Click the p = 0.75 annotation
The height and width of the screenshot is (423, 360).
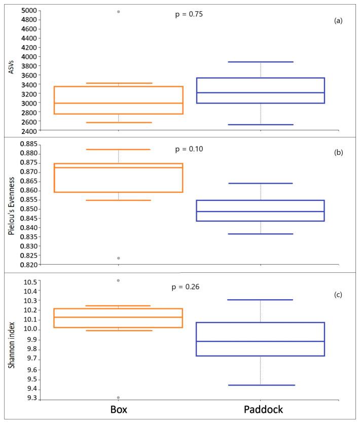189,15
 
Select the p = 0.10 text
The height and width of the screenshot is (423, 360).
189,149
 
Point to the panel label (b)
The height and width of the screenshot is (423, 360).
338,152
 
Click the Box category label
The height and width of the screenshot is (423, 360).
119,409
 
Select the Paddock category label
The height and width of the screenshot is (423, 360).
260,409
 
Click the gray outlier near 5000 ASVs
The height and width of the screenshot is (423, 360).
119,11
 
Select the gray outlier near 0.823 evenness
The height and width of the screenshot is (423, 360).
119,258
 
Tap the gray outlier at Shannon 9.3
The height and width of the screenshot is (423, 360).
119,398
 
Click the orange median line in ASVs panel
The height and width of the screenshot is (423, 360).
119,103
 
